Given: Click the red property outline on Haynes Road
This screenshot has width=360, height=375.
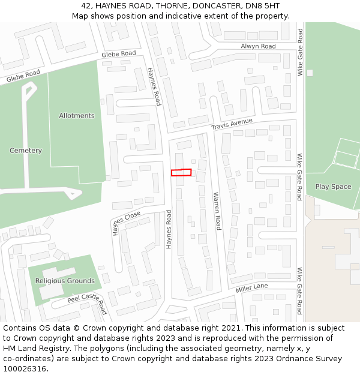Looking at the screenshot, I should [181, 173].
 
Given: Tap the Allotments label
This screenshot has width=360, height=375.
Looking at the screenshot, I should [77, 115].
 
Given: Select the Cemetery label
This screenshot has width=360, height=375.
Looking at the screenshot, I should [26, 151].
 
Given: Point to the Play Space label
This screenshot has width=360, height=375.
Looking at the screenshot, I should [333, 187].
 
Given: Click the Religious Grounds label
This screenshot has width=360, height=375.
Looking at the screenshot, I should [65, 281].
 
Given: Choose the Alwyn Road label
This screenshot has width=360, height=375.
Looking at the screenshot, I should [258, 46].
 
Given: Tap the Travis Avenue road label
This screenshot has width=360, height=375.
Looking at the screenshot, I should [232, 124].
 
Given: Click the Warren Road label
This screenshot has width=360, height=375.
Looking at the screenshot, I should [217, 211].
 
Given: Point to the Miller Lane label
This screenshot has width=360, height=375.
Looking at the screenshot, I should [251, 288].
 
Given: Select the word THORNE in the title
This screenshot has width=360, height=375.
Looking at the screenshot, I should [161, 6].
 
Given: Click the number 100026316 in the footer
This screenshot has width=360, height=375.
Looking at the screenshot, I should [25, 369].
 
